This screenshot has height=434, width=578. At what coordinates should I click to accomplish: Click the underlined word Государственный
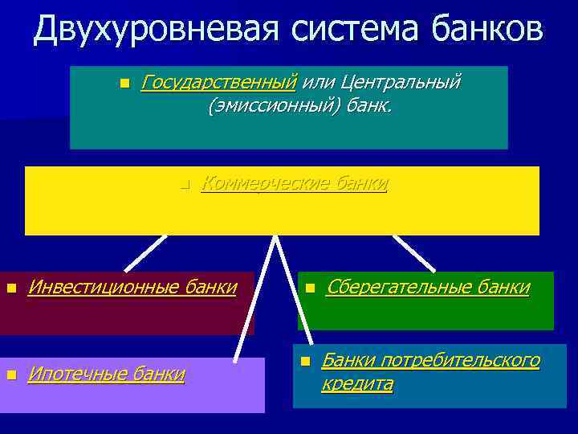[218, 82]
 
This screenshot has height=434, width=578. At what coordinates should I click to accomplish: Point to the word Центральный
[401, 82]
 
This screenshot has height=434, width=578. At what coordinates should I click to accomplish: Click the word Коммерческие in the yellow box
[265, 184]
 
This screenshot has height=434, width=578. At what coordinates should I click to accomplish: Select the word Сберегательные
[390, 287]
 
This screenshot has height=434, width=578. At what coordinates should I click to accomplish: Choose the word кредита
[357, 384]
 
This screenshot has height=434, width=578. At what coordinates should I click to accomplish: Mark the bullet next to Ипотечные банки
[10, 375]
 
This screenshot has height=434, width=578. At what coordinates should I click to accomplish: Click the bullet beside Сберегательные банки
[309, 288]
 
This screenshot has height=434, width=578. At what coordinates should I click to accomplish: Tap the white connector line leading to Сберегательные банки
[413, 253]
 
